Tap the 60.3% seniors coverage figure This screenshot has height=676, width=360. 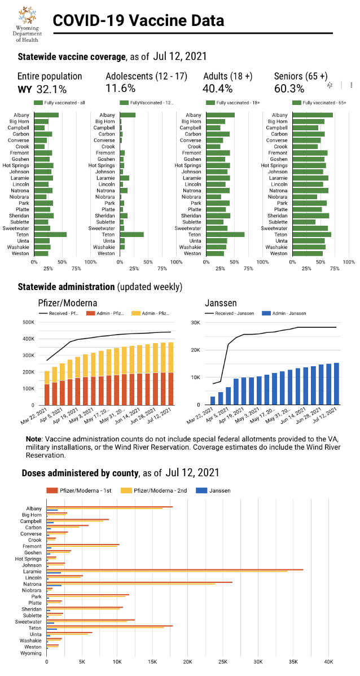289,89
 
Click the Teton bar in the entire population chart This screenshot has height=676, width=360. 50,235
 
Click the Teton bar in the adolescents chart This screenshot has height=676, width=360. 131,235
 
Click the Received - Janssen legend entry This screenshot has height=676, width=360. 230,313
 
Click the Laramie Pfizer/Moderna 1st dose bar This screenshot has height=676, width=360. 175,569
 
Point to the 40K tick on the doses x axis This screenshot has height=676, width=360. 328,661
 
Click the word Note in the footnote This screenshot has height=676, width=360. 35,439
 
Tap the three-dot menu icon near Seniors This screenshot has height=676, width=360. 351,85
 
